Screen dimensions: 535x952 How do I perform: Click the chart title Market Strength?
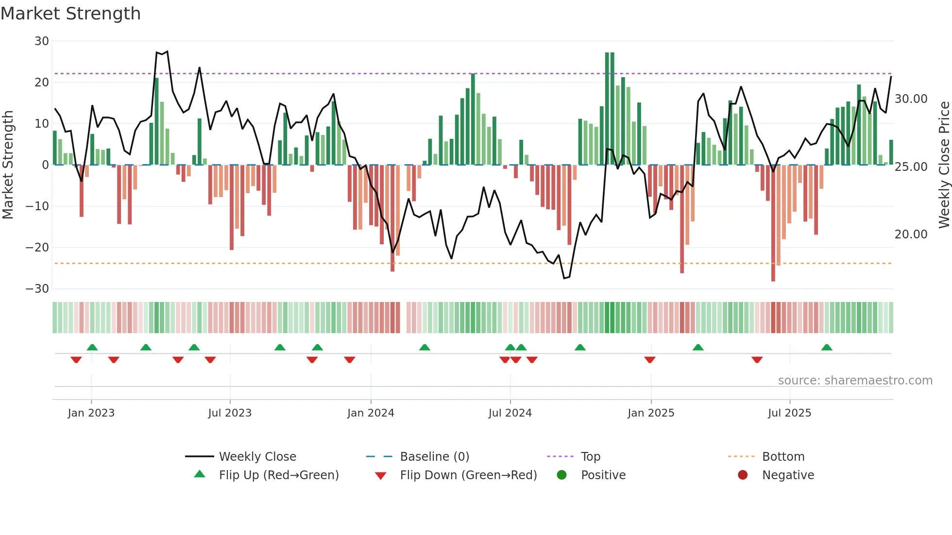(x=70, y=14)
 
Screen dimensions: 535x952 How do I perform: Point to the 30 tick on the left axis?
(x=42, y=41)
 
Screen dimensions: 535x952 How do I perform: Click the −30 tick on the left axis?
(x=37, y=289)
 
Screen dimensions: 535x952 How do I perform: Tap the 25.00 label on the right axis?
(x=911, y=167)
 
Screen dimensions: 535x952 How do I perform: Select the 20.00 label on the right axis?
(x=911, y=234)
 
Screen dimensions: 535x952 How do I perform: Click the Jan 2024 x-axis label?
(x=371, y=413)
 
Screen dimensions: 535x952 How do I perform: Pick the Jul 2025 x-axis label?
(x=789, y=413)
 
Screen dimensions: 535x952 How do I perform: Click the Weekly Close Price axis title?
(x=944, y=165)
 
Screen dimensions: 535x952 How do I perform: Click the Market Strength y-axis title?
(x=8, y=165)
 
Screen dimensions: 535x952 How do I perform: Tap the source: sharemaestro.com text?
(x=855, y=381)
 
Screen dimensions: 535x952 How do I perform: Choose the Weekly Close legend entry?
(x=257, y=457)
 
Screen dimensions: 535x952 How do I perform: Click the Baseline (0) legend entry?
(x=434, y=457)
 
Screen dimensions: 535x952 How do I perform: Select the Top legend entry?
(x=591, y=457)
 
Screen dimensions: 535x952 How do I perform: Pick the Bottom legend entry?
(x=783, y=457)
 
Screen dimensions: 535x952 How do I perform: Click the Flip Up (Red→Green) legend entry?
(x=278, y=475)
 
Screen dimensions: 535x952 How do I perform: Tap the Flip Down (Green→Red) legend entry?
(x=468, y=475)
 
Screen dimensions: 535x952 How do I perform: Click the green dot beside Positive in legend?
(x=562, y=475)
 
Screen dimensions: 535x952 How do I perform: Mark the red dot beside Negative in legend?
(x=743, y=475)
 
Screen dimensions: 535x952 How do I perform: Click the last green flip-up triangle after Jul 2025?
(x=827, y=347)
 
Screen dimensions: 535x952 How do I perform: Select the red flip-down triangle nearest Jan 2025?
(x=650, y=360)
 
